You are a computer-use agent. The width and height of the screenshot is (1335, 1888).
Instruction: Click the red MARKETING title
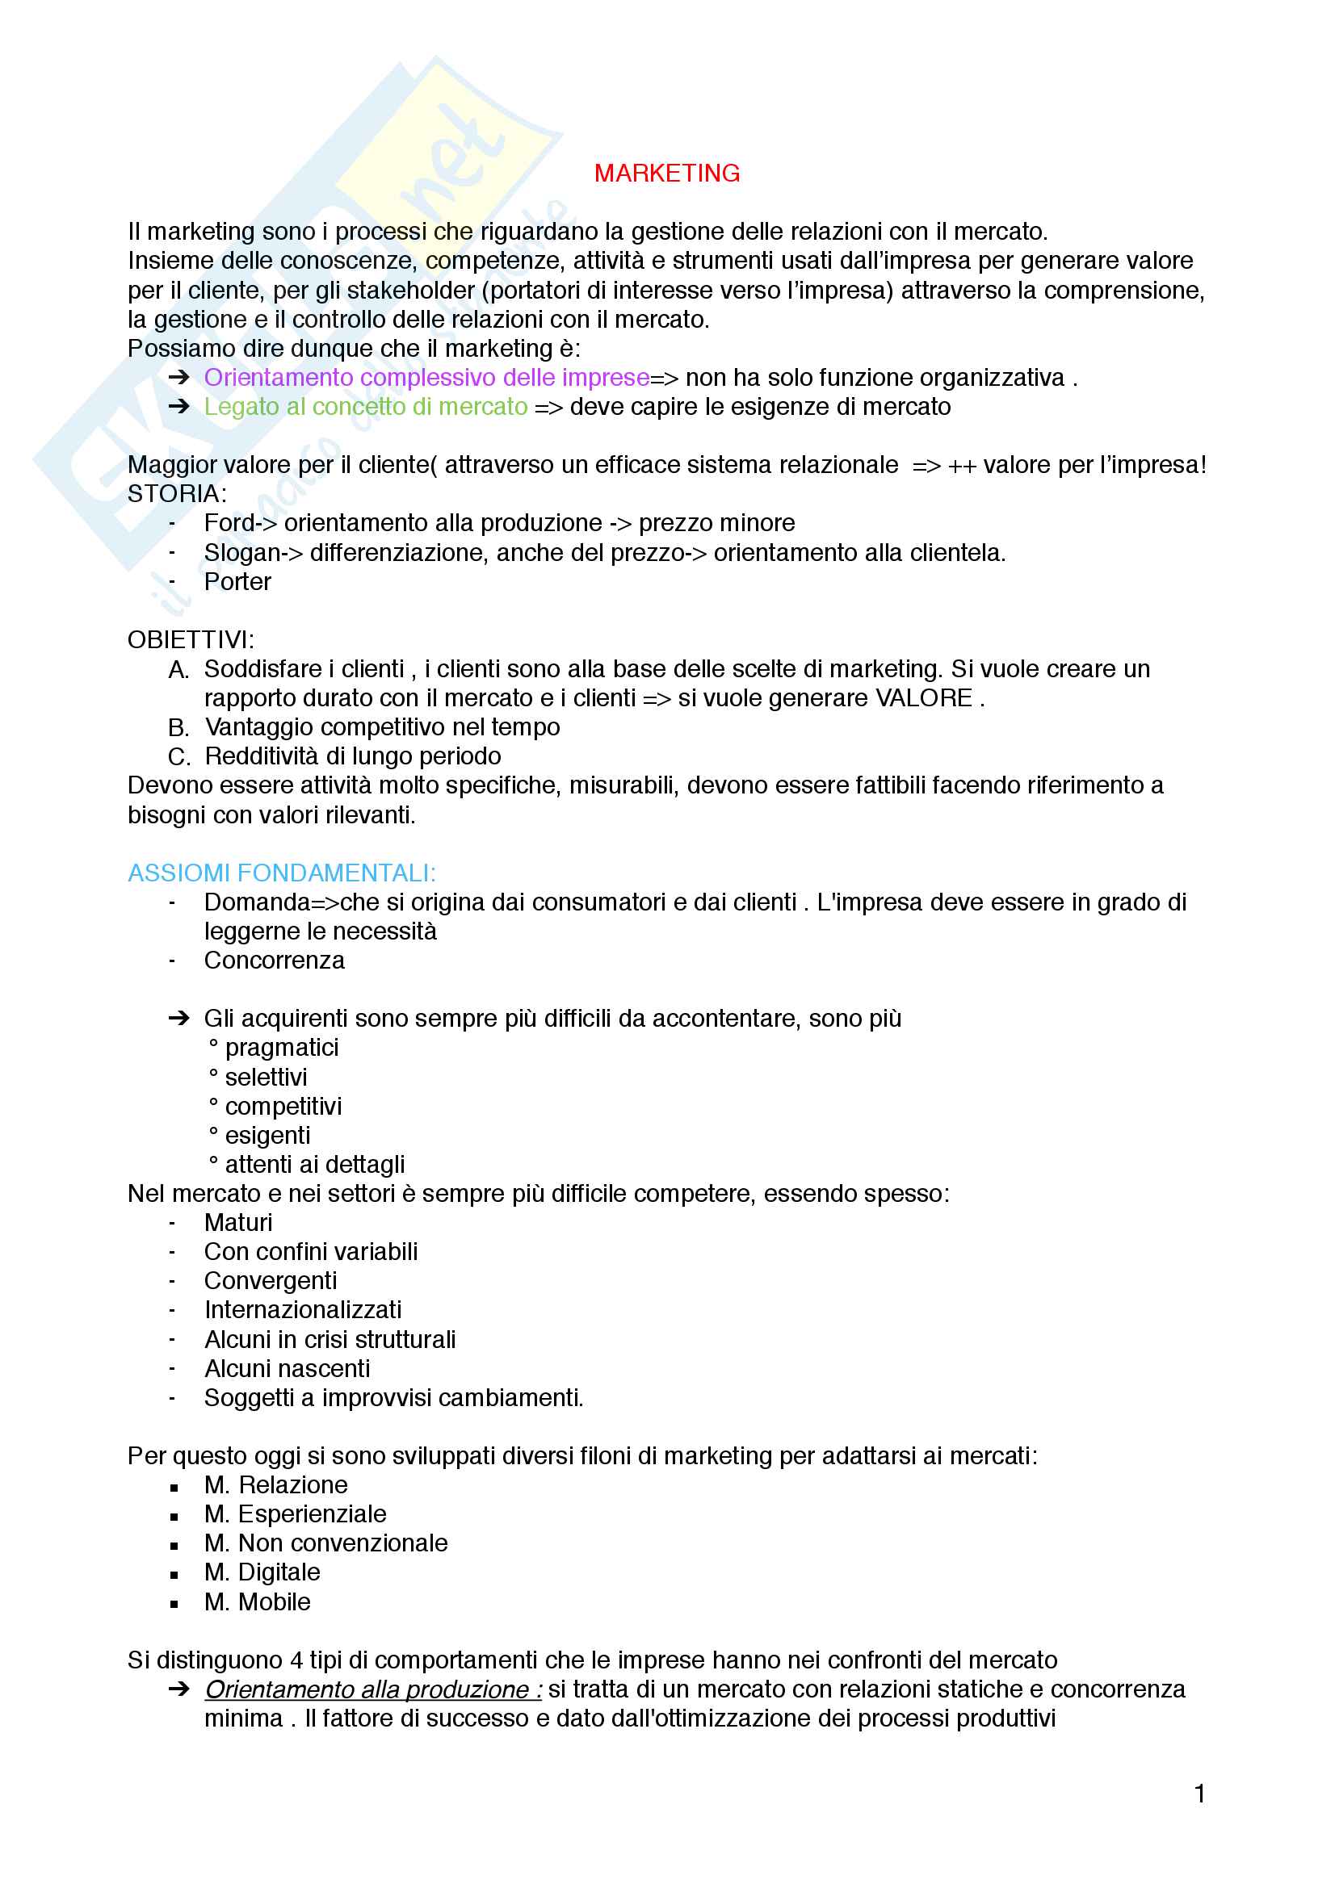coord(666,174)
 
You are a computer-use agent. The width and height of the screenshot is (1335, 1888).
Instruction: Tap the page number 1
coord(1199,1793)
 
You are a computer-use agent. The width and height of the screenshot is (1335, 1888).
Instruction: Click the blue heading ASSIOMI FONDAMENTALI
coord(281,873)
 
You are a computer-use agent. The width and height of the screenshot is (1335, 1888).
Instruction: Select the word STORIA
coord(176,493)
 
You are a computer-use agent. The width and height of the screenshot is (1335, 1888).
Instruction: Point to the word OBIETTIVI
coord(190,639)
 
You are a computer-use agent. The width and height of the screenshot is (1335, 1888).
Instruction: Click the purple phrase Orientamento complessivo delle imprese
coord(426,378)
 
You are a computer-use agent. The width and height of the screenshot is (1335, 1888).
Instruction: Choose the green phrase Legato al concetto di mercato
coord(366,406)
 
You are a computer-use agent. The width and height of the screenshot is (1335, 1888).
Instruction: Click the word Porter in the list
coord(237,581)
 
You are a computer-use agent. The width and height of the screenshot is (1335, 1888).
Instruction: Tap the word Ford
coord(228,523)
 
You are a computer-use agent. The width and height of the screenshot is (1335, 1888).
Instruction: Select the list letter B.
coord(178,728)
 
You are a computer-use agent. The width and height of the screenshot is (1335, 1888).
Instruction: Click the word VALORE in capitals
coord(923,698)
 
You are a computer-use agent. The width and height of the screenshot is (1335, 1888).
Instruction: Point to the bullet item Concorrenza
coord(274,961)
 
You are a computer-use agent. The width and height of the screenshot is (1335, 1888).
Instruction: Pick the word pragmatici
coord(281,1048)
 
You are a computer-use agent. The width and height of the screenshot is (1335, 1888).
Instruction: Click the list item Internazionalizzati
coord(303,1309)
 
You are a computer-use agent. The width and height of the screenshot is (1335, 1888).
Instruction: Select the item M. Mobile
coord(258,1601)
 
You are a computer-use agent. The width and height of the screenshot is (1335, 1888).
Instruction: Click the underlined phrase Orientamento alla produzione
coord(372,1689)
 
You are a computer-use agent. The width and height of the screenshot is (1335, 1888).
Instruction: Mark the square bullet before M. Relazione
coord(174,1487)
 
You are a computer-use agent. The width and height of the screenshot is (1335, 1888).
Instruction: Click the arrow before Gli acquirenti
coord(178,1018)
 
